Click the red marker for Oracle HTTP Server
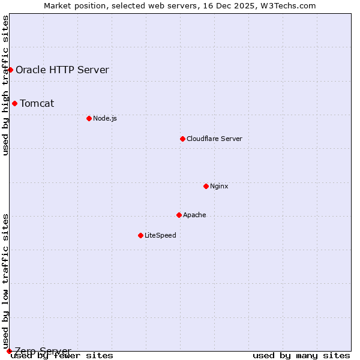[x=10, y=70]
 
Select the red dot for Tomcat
[x=14, y=103]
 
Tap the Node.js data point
[x=89, y=118]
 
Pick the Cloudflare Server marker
[x=182, y=139]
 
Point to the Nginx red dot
[x=206, y=186]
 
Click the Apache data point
[x=179, y=215]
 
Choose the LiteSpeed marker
[x=140, y=235]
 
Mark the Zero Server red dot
[x=9, y=351]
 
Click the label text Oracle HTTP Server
[x=62, y=70]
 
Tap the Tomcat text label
[x=37, y=103]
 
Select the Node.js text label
[x=105, y=118]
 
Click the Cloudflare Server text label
[x=214, y=139]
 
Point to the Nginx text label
[x=219, y=186]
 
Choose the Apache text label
[x=194, y=215]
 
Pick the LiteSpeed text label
[x=160, y=235]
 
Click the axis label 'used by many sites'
[x=301, y=356]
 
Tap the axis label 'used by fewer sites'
[x=62, y=356]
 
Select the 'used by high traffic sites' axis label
[x=6, y=85]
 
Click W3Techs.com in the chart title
[x=292, y=5]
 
